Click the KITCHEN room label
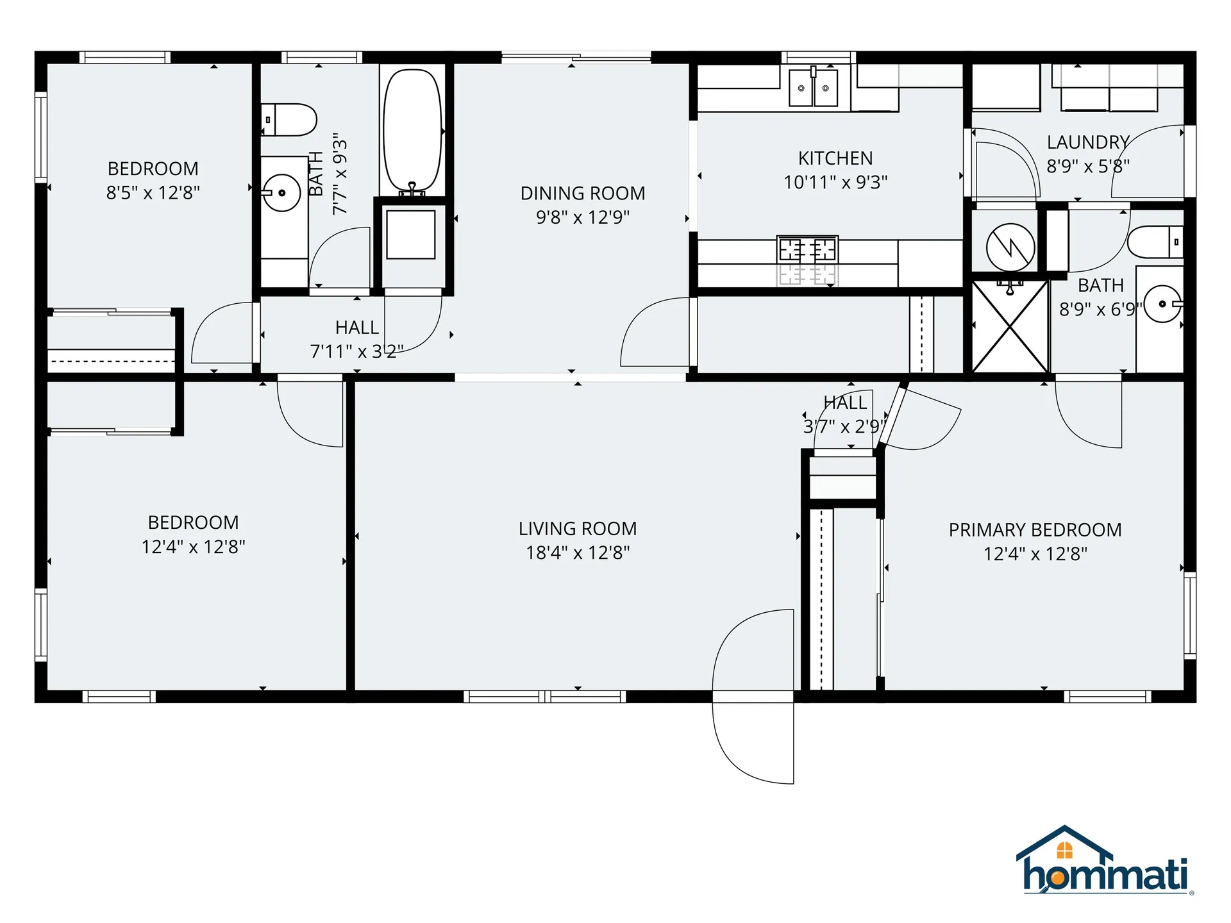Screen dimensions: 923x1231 pos(835,158)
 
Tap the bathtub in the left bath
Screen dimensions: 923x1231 pos(412,130)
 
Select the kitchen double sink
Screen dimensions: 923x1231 pos(813,88)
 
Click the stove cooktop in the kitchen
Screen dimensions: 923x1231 pos(807,249)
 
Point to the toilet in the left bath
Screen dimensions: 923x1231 pos(290,120)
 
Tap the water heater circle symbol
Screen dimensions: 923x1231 pos(1010,247)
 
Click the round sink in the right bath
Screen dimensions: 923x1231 pos(1162,304)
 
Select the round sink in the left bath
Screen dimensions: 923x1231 pos(281,192)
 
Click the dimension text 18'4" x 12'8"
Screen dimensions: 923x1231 pos(578,553)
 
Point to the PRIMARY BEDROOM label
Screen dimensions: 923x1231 pos(1035,530)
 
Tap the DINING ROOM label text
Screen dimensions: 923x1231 pos(582,193)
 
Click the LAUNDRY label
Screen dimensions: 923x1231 pos(1087,142)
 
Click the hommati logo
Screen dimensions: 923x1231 pos(1104,862)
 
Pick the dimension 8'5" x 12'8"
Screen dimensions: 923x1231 pos(153,192)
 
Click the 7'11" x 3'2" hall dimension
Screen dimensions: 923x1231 pos(356,351)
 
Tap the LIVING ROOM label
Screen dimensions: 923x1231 pos(577,529)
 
